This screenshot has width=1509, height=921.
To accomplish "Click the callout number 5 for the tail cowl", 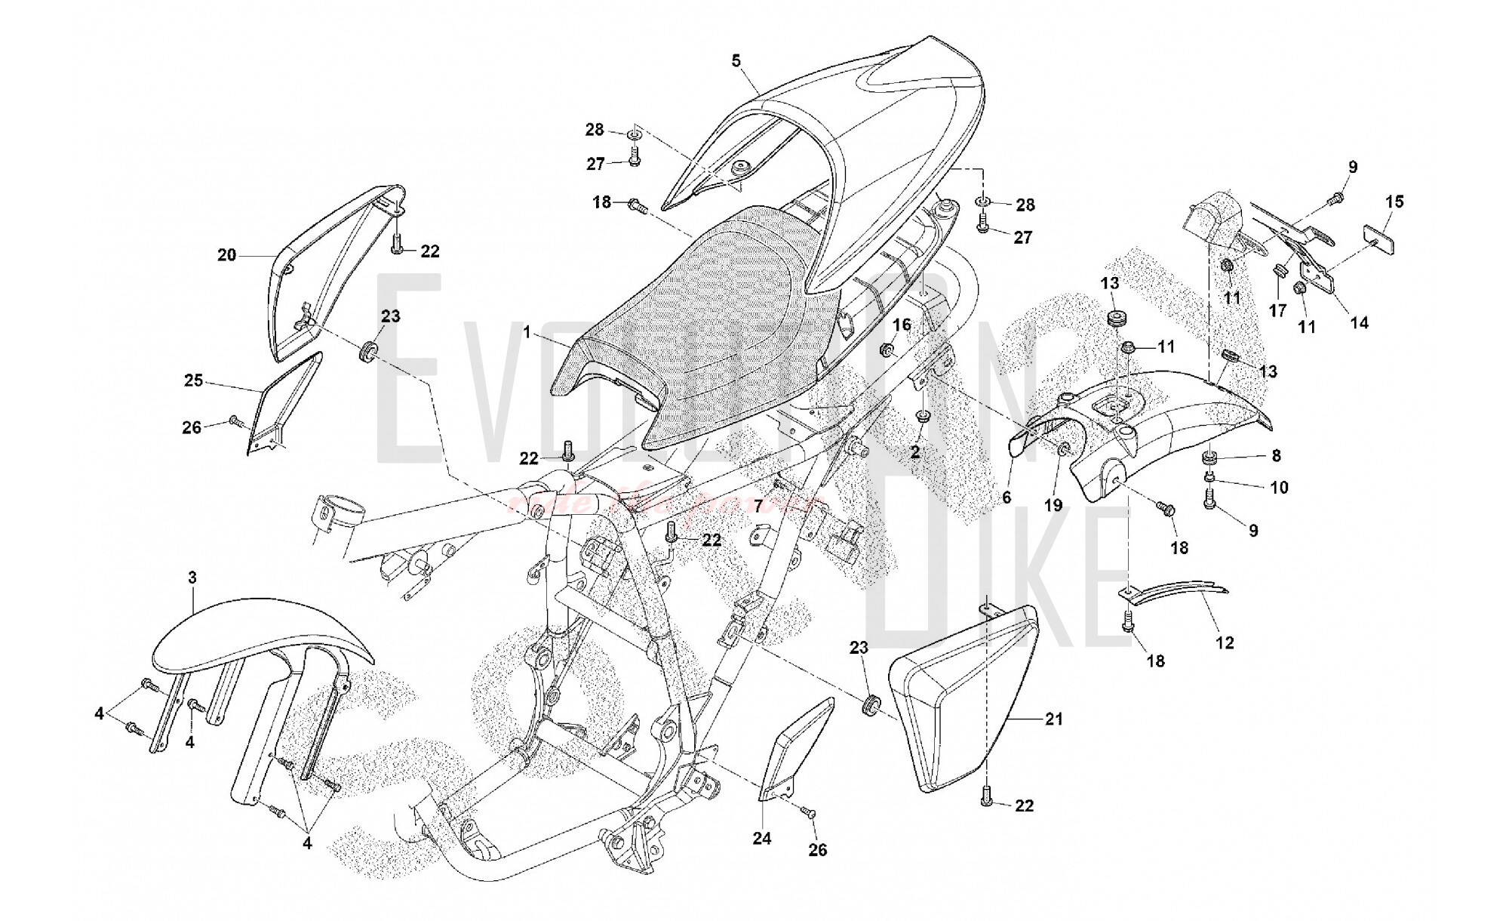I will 736,61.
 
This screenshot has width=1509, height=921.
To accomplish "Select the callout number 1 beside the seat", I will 529,331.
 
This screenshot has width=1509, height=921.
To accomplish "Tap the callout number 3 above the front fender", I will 192,578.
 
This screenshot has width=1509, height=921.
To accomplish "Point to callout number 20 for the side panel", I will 226,255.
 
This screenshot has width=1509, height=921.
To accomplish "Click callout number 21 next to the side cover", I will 1053,719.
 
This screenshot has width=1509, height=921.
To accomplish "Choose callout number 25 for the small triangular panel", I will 194,380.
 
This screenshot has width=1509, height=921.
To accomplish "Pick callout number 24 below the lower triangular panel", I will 762,839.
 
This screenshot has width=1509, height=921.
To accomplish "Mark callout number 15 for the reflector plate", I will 1394,202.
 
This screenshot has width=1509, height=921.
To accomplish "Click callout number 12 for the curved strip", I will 1225,642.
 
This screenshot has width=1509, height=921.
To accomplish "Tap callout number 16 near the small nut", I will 902,325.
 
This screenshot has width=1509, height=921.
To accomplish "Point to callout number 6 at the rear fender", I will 1006,497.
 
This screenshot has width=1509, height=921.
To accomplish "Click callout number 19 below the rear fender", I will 1053,505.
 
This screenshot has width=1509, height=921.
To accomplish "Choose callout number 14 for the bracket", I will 1359,322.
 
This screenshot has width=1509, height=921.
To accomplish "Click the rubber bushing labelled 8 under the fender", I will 1209,457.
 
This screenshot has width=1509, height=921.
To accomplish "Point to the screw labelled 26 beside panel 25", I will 235,420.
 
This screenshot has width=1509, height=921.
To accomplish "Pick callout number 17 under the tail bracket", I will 1277,310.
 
